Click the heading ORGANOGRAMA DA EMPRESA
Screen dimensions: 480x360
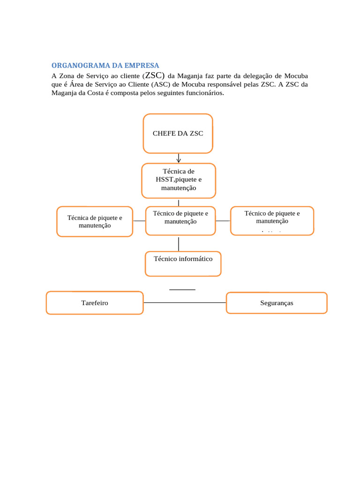click(x=105, y=65)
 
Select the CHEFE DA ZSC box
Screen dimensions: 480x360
click(x=178, y=134)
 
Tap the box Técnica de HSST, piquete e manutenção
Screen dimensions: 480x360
click(x=179, y=180)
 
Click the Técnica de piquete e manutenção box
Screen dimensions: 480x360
click(x=95, y=222)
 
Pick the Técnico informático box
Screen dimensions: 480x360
click(x=183, y=263)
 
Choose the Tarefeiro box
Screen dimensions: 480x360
click(x=95, y=303)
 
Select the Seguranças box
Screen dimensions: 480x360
click(x=277, y=303)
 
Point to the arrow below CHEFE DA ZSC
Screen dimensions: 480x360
click(x=179, y=158)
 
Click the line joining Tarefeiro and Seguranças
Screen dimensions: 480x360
click(x=185, y=303)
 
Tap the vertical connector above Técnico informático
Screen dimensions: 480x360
click(x=179, y=244)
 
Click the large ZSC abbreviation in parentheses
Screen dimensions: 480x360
click(x=154, y=75)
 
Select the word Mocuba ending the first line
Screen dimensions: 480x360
click(x=296, y=75)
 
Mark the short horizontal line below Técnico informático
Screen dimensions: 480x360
click(x=182, y=290)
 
